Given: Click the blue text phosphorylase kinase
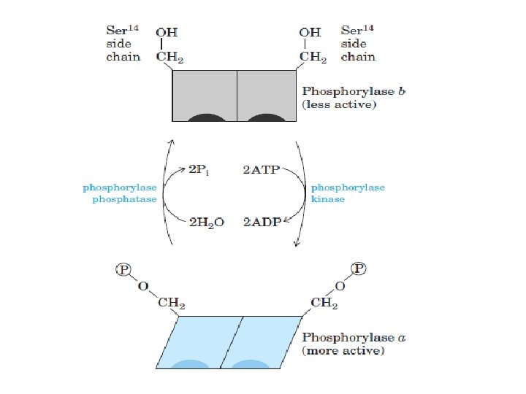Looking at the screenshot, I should point(348,193).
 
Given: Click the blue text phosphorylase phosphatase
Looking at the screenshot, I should point(120,193).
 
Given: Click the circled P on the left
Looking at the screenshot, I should point(123,269).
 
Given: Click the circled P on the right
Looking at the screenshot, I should point(359,269).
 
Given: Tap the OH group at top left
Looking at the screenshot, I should point(167,33).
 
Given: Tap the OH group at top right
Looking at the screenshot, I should point(310,33).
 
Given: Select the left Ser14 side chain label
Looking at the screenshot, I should point(123,44).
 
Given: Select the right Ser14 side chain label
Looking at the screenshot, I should point(359,44).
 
